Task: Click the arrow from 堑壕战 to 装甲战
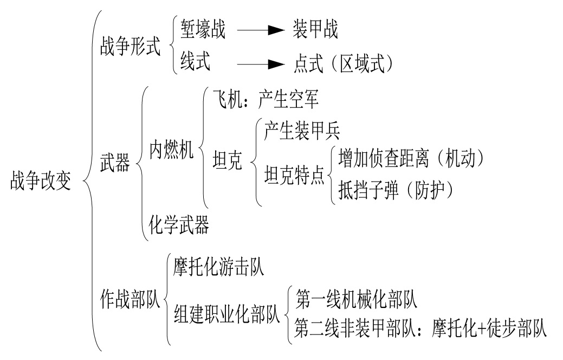261,31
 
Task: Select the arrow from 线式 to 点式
261,65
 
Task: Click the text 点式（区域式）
342,64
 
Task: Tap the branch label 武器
115,163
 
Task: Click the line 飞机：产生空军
264,99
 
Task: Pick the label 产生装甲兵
302,131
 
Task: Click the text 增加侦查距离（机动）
410,158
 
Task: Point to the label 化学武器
179,224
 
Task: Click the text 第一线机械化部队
356,298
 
